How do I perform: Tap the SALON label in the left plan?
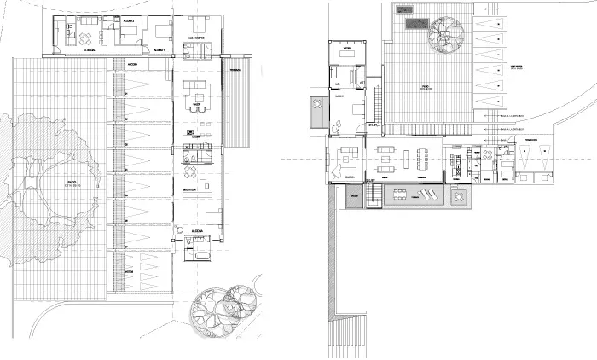coord(197,105)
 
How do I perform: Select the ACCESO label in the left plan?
coord(133,64)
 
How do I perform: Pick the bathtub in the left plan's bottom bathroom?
coord(201,256)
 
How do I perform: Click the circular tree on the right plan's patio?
coord(446,36)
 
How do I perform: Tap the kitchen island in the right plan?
coord(459,162)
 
